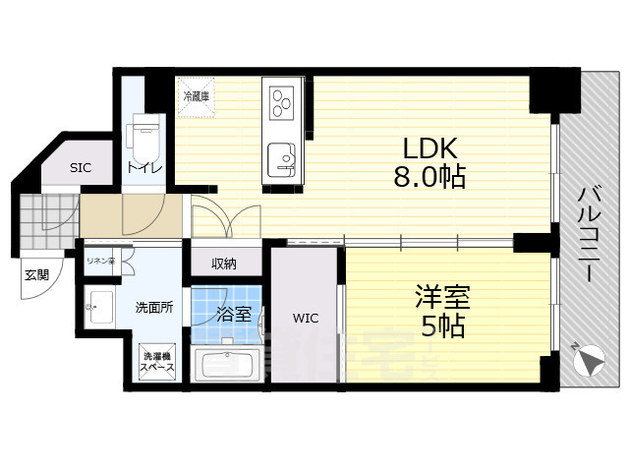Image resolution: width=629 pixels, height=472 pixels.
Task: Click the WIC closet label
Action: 305,318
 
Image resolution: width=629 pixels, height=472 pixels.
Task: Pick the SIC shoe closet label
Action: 81,167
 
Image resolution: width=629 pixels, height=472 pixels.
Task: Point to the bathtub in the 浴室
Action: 227,364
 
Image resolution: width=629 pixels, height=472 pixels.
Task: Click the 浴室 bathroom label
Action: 234,315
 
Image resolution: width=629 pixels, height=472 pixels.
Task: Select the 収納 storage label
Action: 225,263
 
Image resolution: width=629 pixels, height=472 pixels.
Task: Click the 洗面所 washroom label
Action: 154,307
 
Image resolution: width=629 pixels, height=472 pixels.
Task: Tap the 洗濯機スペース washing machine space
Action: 157,361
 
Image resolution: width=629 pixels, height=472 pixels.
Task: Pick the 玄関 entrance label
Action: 36,274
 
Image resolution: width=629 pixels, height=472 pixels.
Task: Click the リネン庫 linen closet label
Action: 100,261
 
